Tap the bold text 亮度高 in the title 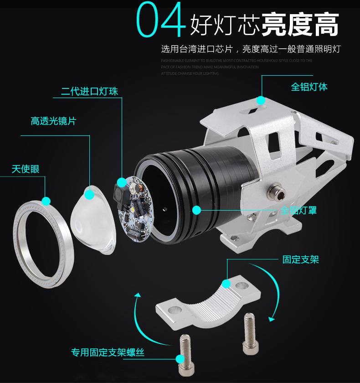(300, 24)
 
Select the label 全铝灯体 (309, 87)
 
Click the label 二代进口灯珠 (89, 91)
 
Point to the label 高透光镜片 (53, 121)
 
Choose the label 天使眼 (26, 169)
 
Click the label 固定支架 (300, 259)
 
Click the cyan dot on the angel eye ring (46, 201)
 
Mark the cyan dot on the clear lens (90, 195)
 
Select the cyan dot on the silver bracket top (261, 100)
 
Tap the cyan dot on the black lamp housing (196, 210)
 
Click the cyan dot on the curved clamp (226, 284)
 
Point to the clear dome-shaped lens (93, 219)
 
